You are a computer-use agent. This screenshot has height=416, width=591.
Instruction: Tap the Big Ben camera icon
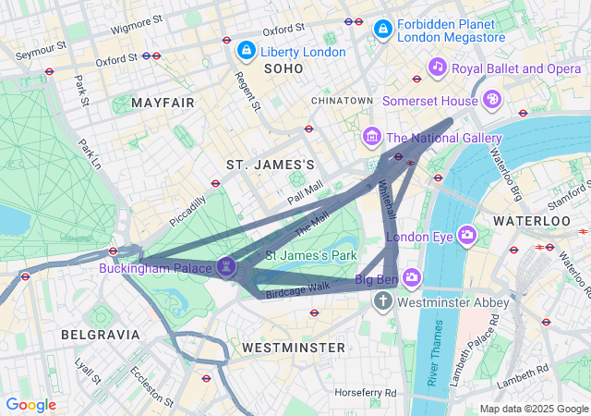click(411, 277)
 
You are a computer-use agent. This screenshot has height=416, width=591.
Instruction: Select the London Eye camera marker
click(466, 235)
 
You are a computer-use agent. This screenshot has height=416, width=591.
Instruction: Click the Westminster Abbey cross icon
click(383, 301)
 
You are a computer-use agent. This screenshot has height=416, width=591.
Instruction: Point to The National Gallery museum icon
click(372, 138)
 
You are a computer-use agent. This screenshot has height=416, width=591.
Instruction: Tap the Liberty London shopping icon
click(246, 50)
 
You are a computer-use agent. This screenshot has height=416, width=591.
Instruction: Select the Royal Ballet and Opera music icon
click(438, 67)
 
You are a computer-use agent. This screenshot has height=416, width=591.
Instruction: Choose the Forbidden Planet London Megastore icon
click(382, 30)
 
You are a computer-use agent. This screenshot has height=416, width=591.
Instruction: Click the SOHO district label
click(283, 69)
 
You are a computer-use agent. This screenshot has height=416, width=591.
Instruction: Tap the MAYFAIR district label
click(163, 102)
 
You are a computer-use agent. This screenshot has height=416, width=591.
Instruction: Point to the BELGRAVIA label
click(100, 334)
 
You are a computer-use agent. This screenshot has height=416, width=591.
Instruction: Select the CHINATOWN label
click(342, 100)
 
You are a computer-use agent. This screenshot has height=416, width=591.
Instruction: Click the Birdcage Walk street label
click(297, 288)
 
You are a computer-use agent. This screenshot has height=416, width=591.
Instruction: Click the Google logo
click(30, 405)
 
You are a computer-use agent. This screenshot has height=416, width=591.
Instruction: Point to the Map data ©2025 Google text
click(534, 409)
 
